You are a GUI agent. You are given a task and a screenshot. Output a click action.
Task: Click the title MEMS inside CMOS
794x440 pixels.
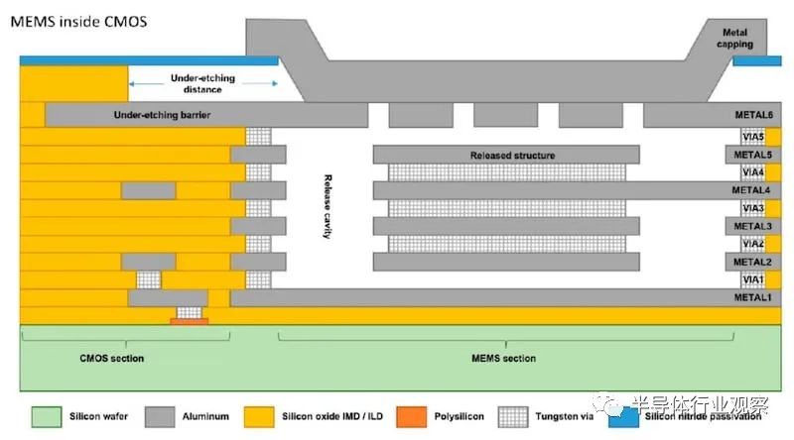tap(79, 22)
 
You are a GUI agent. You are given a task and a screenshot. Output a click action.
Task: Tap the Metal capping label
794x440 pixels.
tap(734, 39)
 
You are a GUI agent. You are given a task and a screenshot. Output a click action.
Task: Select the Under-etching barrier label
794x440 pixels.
tap(162, 115)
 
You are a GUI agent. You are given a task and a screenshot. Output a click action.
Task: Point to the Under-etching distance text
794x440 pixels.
tap(202, 83)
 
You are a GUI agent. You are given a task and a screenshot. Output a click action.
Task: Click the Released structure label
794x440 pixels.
tap(512, 156)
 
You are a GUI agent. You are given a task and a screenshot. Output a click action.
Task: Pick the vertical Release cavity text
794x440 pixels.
tap(328, 206)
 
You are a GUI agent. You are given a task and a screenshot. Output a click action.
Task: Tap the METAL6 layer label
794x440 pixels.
tap(754, 115)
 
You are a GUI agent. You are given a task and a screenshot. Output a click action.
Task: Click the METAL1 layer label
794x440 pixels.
tap(752, 297)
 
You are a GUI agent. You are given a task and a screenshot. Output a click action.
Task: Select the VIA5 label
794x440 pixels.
tap(753, 137)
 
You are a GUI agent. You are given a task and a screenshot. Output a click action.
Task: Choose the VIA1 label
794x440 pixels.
tap(753, 279)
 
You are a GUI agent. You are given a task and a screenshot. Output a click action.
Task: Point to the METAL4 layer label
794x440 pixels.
tap(751, 190)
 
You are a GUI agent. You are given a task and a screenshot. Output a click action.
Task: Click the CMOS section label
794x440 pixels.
tap(112, 358)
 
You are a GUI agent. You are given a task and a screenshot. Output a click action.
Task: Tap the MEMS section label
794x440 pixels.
tap(503, 358)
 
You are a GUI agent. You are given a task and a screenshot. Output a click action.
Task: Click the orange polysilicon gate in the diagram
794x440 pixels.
tap(190, 321)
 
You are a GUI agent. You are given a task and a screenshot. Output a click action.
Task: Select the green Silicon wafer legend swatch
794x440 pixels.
tap(47, 417)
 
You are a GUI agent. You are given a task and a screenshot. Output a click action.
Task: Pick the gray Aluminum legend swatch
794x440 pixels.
tap(160, 417)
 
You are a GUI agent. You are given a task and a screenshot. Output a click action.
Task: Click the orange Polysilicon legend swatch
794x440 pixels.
tap(411, 417)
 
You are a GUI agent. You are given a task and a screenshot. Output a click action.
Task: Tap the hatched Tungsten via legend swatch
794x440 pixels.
tap(513, 417)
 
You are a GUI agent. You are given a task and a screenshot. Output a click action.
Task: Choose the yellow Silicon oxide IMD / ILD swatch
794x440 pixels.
tap(259, 417)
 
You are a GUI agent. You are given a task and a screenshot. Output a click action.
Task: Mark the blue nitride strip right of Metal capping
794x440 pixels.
tap(757, 61)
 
